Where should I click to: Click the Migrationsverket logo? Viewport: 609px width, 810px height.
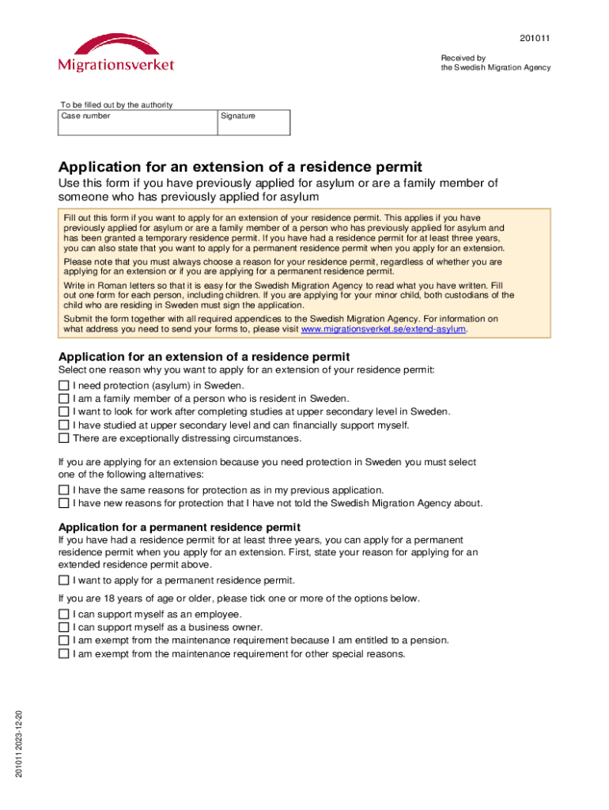point(115,52)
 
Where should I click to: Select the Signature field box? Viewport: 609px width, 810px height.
point(254,125)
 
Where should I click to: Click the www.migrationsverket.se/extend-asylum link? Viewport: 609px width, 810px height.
point(384,329)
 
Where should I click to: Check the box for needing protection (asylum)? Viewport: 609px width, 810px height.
point(64,385)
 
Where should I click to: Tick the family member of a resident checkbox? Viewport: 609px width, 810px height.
point(64,399)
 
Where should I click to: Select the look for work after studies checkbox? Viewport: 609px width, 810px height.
point(64,411)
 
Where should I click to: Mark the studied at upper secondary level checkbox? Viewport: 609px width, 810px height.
point(64,425)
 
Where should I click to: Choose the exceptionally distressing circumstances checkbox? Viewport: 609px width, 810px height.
point(64,438)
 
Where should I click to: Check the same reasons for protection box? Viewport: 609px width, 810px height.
point(64,490)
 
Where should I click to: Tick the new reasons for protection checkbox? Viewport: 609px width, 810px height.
point(64,503)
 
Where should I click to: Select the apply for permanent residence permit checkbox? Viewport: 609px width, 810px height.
point(64,581)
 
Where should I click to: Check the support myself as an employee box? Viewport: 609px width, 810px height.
point(64,615)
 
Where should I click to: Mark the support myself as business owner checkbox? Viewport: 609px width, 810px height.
point(64,627)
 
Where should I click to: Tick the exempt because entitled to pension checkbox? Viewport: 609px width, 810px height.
point(64,641)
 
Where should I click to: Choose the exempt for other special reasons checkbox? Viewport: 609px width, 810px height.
point(64,654)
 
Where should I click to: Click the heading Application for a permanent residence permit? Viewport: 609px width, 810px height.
point(179,527)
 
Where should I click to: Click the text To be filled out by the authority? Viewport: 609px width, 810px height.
point(116,105)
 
